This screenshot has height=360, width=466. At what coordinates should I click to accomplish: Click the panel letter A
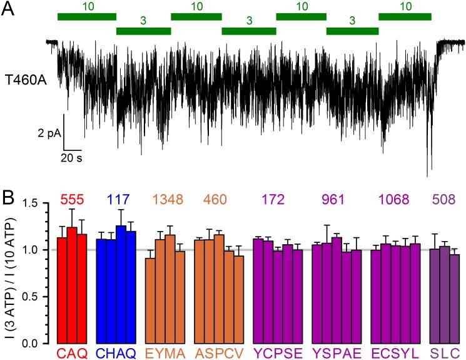point(8,11)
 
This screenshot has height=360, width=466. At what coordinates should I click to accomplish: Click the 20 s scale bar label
point(71,158)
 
